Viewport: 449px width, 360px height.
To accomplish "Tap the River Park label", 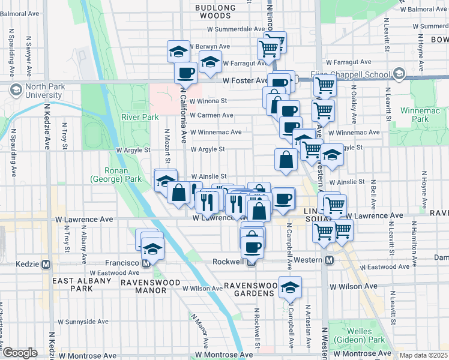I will (x=139, y=117).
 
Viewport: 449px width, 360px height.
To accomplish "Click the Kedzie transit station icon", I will (x=46, y=263).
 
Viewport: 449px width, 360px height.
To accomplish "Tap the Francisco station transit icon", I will (x=146, y=263).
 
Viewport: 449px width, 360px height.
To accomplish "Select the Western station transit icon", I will (x=329, y=260).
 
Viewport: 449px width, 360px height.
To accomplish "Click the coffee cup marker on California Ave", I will (x=185, y=73).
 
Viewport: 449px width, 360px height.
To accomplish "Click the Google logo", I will (x=20, y=353).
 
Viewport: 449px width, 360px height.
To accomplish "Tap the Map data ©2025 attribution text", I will (x=424, y=355).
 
